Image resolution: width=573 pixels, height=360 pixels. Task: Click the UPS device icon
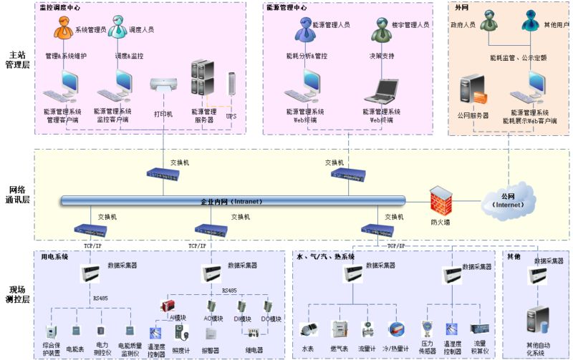(231, 84)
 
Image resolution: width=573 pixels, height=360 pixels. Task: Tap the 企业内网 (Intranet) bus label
(231, 202)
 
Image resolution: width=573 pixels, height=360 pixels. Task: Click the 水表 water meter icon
(309, 330)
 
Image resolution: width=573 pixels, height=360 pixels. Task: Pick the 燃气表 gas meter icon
(339, 330)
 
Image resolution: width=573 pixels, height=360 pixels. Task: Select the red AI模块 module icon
(168, 306)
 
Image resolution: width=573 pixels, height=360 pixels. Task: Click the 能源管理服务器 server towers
(203, 79)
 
